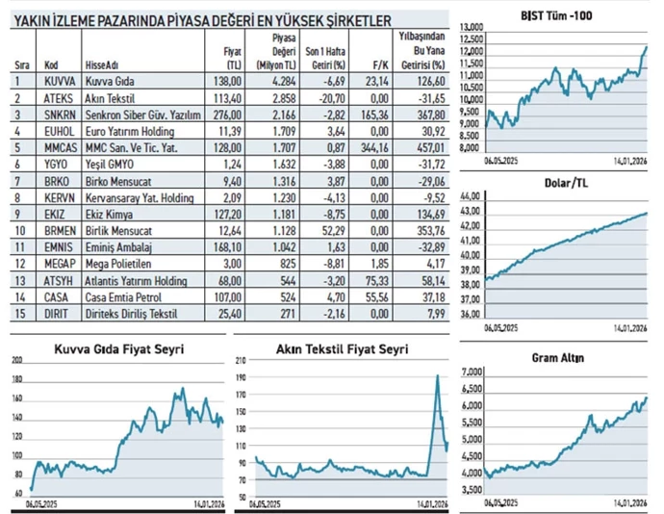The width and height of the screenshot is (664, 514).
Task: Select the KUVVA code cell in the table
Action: click(x=52, y=83)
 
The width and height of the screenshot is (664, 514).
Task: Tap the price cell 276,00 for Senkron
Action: click(x=229, y=115)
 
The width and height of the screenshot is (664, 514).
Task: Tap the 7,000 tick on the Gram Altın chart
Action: click(x=472, y=373)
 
